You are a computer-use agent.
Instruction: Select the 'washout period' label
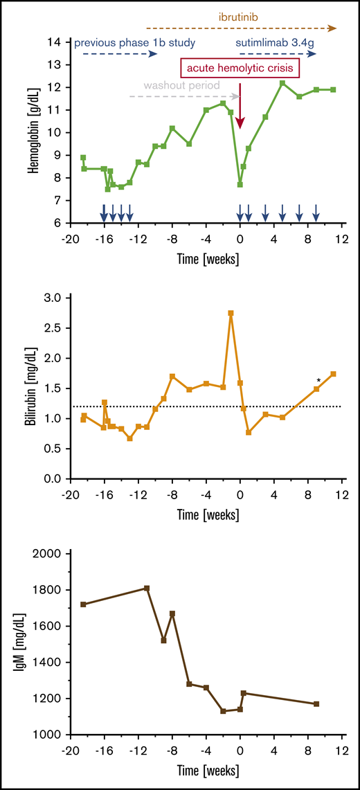181,86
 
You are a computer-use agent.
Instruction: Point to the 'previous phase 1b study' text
134,42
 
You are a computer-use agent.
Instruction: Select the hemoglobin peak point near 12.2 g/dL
282,83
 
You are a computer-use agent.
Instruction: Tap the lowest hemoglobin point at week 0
240,184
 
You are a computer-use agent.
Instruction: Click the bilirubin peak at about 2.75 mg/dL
231,313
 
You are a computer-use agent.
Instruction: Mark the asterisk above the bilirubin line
318,381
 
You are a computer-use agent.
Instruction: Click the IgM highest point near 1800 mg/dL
147,589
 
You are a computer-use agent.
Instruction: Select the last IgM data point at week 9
316,704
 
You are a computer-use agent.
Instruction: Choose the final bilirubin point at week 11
334,374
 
